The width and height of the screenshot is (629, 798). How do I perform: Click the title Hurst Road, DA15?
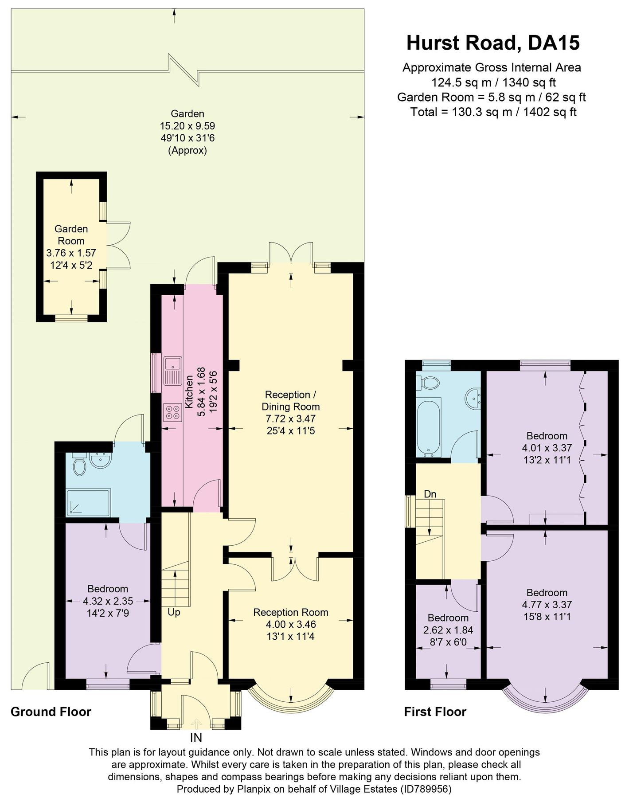pyautogui.click(x=492, y=43)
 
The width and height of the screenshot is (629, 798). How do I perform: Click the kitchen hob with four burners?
pyautogui.click(x=172, y=412)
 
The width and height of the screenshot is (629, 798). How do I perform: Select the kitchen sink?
pyautogui.click(x=172, y=371)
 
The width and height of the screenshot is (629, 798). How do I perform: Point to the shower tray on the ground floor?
pyautogui.click(x=88, y=502)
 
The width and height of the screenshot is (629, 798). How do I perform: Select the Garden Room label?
pyautogui.click(x=71, y=235)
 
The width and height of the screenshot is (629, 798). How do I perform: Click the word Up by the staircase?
pyautogui.click(x=174, y=612)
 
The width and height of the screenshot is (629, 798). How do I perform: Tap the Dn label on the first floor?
pyautogui.click(x=430, y=494)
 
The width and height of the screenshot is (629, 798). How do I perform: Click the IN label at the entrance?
pyautogui.click(x=196, y=738)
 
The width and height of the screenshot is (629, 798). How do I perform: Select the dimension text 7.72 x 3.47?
pyautogui.click(x=290, y=419)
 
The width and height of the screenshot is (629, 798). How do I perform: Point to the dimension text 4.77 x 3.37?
pyautogui.click(x=547, y=605)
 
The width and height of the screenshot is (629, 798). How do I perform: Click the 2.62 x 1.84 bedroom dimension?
pyautogui.click(x=448, y=630)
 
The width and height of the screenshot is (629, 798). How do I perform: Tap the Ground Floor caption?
pyautogui.click(x=51, y=712)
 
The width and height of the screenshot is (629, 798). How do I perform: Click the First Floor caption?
pyautogui.click(x=435, y=712)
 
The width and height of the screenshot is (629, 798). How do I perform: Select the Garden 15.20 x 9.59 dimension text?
pyautogui.click(x=188, y=126)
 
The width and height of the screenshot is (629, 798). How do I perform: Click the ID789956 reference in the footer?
pyautogui.click(x=426, y=789)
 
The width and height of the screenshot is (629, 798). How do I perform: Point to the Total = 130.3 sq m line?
pyautogui.click(x=493, y=112)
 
